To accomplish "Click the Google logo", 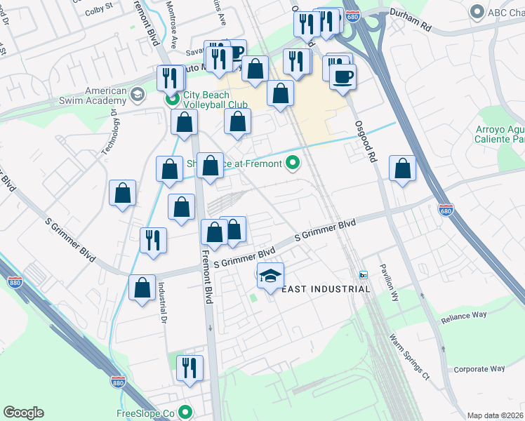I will tap(23, 413).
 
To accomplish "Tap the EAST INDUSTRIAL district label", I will tap(316, 289).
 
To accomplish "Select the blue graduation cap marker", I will tap(270, 276).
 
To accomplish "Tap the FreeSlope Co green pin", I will tap(185, 413).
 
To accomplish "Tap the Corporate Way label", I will tap(479, 368).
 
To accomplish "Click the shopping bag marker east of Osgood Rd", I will tap(402, 169).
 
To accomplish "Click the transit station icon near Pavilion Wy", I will tap(363, 274).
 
